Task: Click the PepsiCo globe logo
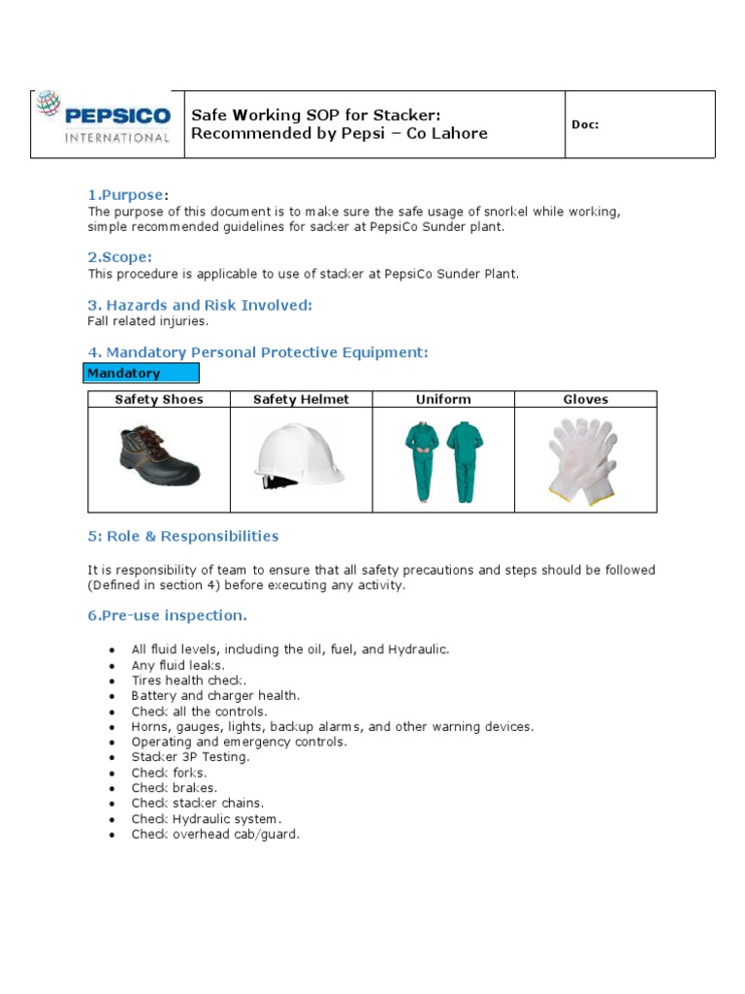[49, 105]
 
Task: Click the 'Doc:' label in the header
[585, 124]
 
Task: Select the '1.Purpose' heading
[124, 195]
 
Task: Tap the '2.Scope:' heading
[119, 257]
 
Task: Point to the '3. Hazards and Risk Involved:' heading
[200, 305]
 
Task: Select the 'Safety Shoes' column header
[159, 399]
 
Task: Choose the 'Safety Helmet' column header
[301, 399]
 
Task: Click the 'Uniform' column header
[443, 399]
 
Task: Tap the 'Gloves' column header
[586, 399]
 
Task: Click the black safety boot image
[159, 456]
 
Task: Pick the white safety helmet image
[299, 456]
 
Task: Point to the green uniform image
[444, 460]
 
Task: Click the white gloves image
[582, 460]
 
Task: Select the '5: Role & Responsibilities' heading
[182, 536]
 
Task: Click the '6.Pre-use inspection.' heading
[167, 615]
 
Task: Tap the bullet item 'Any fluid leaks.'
[178, 665]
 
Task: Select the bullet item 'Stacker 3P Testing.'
[190, 756]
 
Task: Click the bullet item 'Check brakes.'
[175, 787]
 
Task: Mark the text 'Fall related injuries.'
[147, 320]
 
